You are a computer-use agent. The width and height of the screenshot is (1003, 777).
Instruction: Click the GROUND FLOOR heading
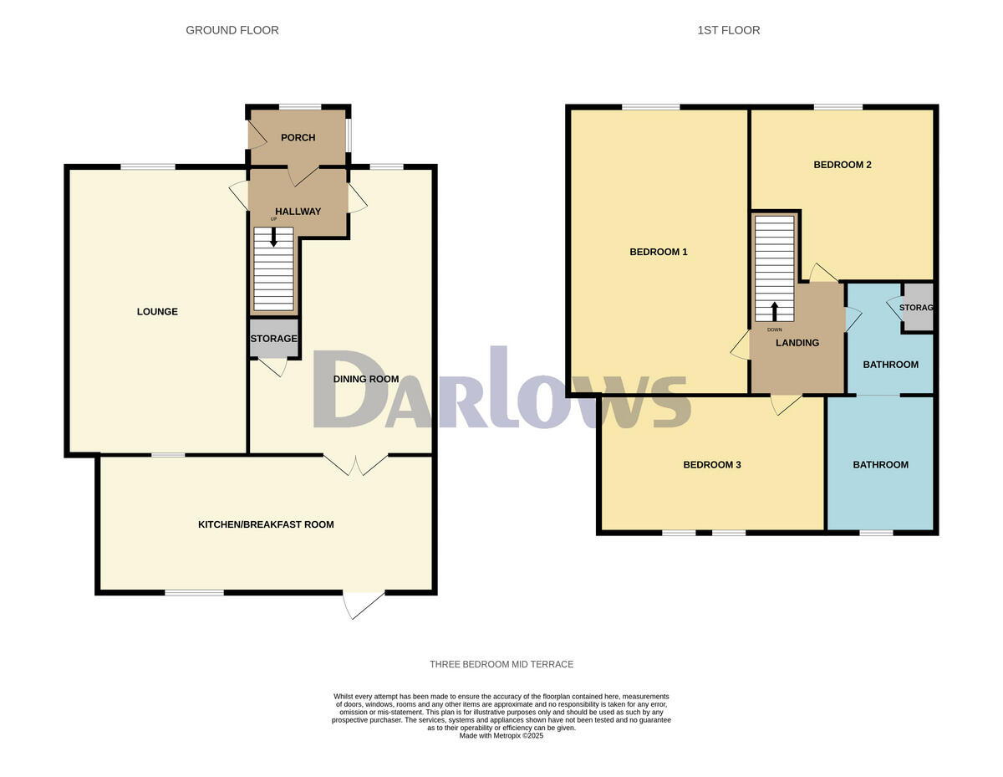tap(232, 30)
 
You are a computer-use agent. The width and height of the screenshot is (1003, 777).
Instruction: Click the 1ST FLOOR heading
tap(729, 30)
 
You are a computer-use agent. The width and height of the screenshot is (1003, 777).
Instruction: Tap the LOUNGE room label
tap(157, 312)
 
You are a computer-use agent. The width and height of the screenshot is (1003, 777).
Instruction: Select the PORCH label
tap(298, 138)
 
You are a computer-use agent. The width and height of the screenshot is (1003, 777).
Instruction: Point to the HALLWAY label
tap(298, 212)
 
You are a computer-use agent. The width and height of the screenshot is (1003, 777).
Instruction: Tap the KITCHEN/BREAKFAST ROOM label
tap(266, 525)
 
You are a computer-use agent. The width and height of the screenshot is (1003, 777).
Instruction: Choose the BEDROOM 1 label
tap(658, 252)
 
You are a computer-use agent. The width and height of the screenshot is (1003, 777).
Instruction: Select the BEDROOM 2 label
tap(843, 165)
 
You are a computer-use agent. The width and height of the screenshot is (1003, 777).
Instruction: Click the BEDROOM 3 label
tap(712, 465)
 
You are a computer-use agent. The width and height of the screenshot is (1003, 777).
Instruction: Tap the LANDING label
tap(797, 343)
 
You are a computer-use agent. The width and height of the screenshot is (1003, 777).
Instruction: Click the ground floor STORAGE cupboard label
tap(273, 339)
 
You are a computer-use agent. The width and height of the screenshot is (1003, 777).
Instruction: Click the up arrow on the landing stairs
tap(774, 311)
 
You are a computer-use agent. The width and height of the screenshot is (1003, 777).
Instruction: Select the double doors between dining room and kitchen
tap(356, 464)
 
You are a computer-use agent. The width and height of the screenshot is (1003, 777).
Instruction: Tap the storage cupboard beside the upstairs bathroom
tap(917, 308)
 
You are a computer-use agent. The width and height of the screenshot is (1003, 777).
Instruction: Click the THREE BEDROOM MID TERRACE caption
tap(501, 664)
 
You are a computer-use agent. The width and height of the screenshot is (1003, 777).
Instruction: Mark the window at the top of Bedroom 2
tap(838, 107)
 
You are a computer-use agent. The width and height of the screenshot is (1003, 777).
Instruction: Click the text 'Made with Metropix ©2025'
tap(501, 736)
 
